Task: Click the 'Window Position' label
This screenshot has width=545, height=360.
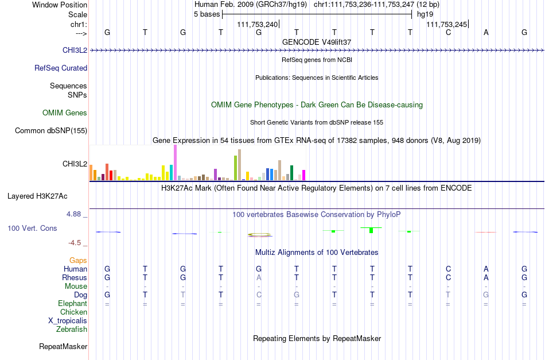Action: pyautogui.click(x=60, y=5)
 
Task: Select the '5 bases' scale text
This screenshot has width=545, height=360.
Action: pyautogui.click(x=207, y=14)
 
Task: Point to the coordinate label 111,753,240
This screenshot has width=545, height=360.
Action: pyautogui.click(x=258, y=24)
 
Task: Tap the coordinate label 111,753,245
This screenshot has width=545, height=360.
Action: pyautogui.click(x=447, y=24)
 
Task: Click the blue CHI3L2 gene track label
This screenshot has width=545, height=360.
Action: pyautogui.click(x=75, y=50)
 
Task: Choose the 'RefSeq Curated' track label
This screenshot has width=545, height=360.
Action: pyautogui.click(x=61, y=68)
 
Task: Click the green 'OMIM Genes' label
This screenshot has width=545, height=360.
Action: pyautogui.click(x=65, y=113)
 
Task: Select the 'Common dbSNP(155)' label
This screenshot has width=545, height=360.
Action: pyautogui.click(x=51, y=130)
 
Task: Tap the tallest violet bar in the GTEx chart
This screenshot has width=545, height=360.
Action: pyautogui.click(x=175, y=162)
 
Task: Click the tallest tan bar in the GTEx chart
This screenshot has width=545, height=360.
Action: pyautogui.click(x=239, y=165)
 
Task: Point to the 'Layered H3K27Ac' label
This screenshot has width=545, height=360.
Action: pyautogui.click(x=37, y=196)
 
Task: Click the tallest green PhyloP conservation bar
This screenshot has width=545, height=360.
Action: pyautogui.click(x=371, y=230)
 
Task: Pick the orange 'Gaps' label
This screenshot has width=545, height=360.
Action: pyautogui.click(x=78, y=260)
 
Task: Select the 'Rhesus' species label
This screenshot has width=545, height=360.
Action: pyautogui.click(x=75, y=277)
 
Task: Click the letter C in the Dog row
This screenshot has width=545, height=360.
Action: pyautogui.click(x=259, y=295)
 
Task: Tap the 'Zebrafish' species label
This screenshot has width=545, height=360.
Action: pyautogui.click(x=72, y=329)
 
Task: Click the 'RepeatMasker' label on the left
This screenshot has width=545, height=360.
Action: pyautogui.click(x=63, y=346)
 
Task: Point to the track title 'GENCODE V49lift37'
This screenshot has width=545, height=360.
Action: pyautogui.click(x=317, y=42)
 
